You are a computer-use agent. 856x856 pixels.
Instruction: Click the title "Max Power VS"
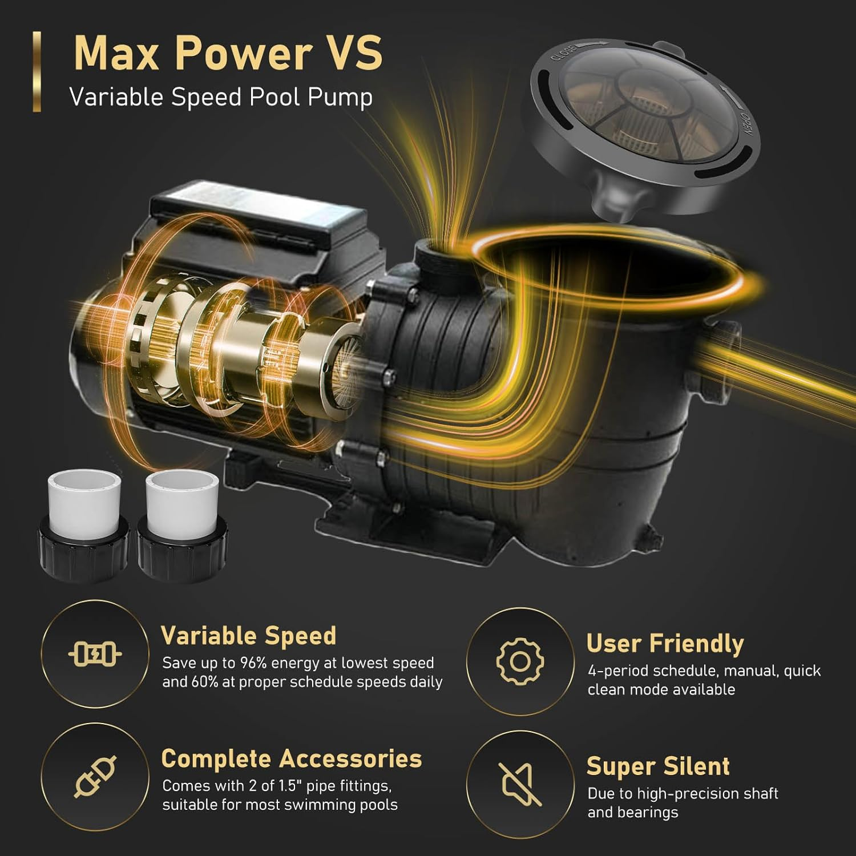[x=228, y=53]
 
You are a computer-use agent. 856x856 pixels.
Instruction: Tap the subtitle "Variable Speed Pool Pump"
[x=221, y=97]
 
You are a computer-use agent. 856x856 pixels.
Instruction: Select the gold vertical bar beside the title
[x=37, y=71]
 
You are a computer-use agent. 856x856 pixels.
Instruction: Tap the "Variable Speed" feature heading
[x=248, y=636]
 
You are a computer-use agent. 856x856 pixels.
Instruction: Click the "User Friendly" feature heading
[x=665, y=643]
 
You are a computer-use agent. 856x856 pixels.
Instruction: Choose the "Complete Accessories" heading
[x=291, y=759]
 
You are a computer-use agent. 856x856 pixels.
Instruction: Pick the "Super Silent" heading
[x=658, y=766]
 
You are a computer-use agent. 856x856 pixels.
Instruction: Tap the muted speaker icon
[x=520, y=784]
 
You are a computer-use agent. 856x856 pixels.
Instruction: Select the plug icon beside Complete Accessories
[x=95, y=776]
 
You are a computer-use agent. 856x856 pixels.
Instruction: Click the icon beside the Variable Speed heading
[x=95, y=654]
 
